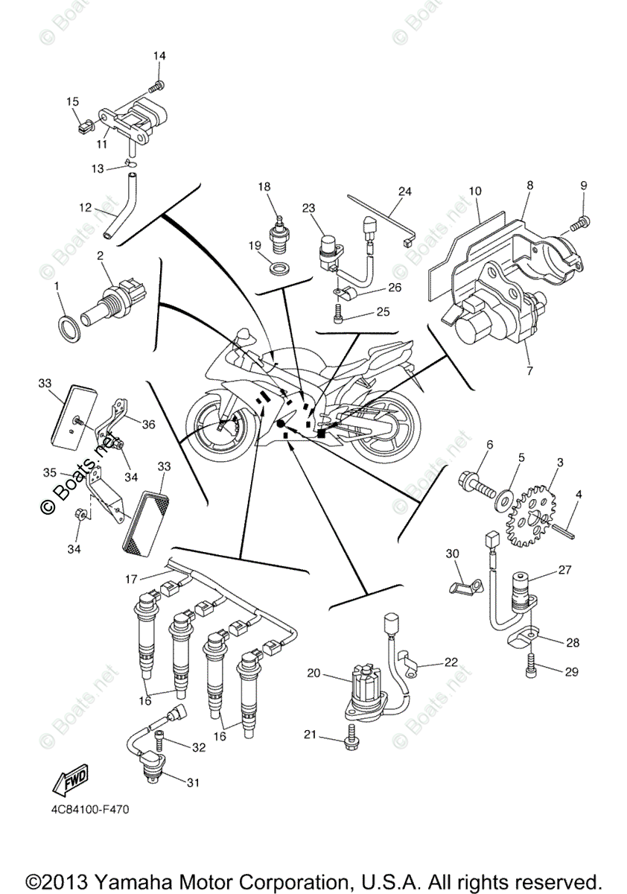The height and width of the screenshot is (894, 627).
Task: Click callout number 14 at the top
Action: pos(159,56)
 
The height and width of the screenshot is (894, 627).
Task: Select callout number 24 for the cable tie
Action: pos(404,191)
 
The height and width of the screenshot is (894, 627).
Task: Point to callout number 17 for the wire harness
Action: pos(131,579)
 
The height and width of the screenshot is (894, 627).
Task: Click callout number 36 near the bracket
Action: pos(148,424)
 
